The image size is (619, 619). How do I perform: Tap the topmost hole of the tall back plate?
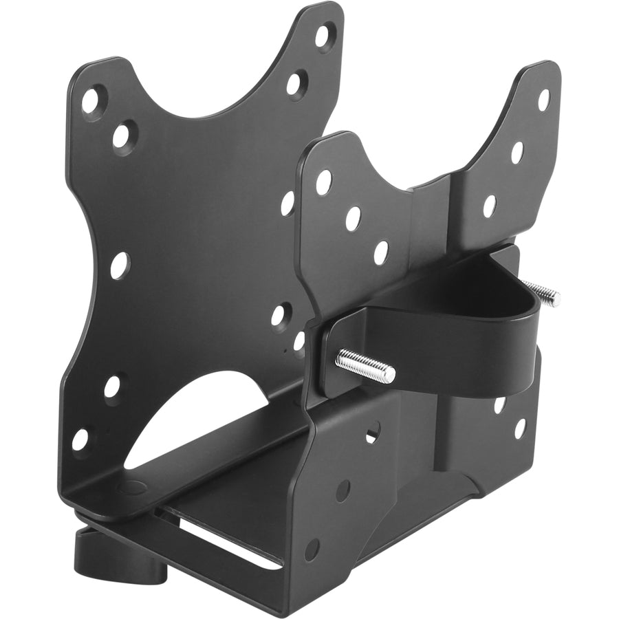coord(323,34)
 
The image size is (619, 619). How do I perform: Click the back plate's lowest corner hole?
coord(81,438)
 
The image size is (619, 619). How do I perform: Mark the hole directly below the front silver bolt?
coord(371,433)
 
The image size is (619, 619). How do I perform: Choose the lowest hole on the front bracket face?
coord(313,549)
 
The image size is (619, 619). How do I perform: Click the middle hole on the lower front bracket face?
coord(343,490)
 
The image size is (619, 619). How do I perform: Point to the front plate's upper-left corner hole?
coord(323,182)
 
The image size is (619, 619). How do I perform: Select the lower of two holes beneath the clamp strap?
coord(519,428)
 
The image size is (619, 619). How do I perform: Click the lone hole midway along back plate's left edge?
coord(118,265)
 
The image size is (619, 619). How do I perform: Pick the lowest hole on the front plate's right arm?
coord(489,206)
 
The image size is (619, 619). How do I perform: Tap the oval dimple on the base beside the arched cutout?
coord(128,488)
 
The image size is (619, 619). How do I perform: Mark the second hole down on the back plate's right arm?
coord(294,84)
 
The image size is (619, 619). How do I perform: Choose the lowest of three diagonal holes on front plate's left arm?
coord(380,252)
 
